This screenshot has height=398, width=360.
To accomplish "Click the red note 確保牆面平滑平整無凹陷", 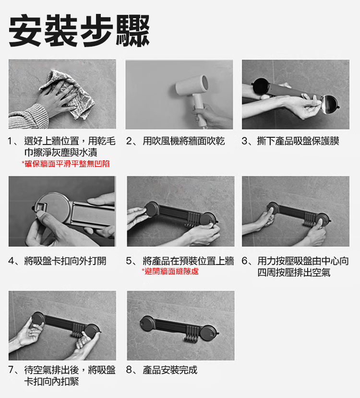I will pyautogui.click(x=66, y=164).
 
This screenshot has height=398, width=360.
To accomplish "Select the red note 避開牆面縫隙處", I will pyautogui.click(x=170, y=272).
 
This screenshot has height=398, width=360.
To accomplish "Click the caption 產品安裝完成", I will pyautogui.click(x=170, y=370).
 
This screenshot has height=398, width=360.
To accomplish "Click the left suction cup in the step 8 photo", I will pyautogui.click(x=145, y=322).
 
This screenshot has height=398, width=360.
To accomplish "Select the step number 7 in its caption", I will pyautogui.click(x=12, y=370).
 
